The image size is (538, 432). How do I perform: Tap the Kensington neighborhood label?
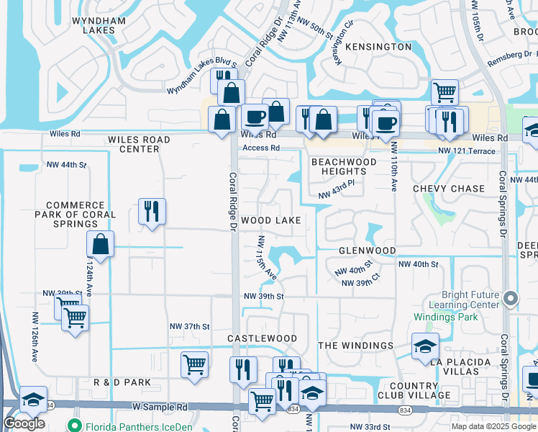point(378,47)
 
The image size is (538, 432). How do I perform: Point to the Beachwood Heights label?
point(344,166)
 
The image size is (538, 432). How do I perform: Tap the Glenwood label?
point(367,250)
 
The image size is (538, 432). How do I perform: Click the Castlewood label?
point(263,338)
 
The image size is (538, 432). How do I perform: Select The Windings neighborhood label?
point(356,346)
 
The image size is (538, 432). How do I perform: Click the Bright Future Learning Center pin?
point(511,297)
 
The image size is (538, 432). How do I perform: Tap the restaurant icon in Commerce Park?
point(152,212)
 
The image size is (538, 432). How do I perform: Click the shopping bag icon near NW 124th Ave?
point(101,245)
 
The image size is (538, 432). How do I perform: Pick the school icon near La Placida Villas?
point(425,346)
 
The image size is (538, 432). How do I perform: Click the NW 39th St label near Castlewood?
point(264,297)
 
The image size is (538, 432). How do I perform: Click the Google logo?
point(24,423)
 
